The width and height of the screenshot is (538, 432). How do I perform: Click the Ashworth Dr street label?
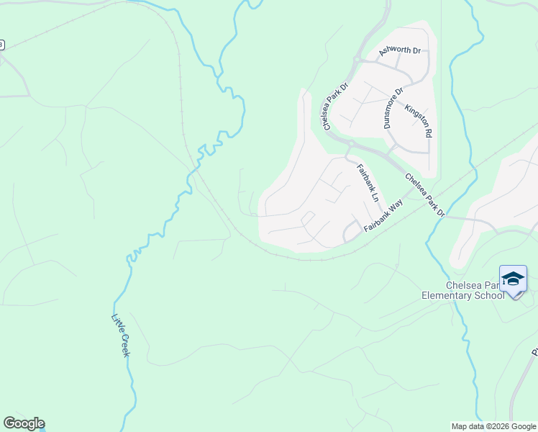399,50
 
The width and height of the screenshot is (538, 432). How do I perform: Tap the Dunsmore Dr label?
393,108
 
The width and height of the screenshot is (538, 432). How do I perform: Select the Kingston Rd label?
419,121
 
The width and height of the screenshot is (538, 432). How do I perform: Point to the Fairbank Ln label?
368,181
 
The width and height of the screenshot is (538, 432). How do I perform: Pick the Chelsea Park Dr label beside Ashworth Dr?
335,107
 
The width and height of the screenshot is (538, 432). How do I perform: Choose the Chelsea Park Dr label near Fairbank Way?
425,195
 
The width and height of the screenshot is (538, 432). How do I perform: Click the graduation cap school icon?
513,279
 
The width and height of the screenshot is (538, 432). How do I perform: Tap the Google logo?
24,423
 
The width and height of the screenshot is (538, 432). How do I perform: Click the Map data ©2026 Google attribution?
493,426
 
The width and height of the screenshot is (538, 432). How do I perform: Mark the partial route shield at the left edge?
1,45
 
